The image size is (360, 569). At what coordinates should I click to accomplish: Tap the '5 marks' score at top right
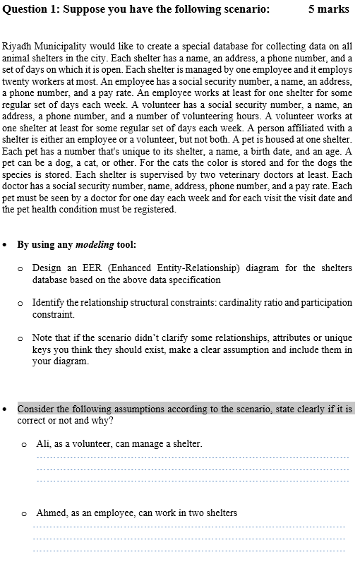329,9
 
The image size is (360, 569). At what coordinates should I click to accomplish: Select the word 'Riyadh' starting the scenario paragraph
17,45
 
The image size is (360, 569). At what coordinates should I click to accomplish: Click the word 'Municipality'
59,45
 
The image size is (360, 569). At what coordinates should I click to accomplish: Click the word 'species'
18,173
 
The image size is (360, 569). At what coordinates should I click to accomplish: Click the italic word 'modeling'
95,245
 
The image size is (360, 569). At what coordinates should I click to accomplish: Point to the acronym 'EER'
97,268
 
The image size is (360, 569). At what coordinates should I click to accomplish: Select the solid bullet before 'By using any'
6,245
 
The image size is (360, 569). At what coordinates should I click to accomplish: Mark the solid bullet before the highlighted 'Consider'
6,409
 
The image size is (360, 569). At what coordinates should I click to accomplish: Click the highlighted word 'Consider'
35,409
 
